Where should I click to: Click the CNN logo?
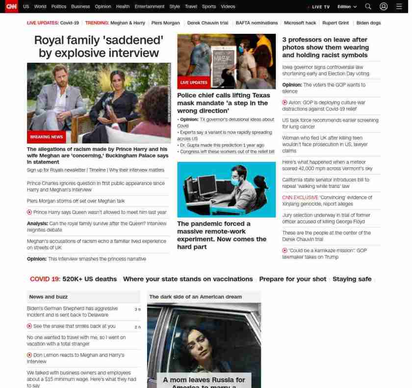pos(11,6)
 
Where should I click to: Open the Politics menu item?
pos(59,7)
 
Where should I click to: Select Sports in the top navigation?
pos(209,7)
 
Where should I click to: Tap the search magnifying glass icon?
pos(368,6)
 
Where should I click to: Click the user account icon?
pos(384,6)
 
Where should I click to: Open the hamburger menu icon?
pos(399,6)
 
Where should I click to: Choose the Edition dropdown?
pos(347,7)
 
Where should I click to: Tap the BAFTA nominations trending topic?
pos(257,23)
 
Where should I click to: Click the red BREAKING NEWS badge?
pos(47,137)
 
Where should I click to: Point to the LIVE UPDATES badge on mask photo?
pos(194,82)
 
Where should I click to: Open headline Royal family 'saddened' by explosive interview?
pos(99,46)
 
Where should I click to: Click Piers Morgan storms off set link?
pos(76,201)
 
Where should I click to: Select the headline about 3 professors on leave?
pos(325,47)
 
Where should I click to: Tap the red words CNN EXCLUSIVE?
pos(300,198)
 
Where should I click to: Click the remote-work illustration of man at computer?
pos(226,189)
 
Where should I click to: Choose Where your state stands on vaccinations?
pos(188,279)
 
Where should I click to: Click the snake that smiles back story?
pos(75,326)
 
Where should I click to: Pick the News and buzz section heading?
pos(49,297)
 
